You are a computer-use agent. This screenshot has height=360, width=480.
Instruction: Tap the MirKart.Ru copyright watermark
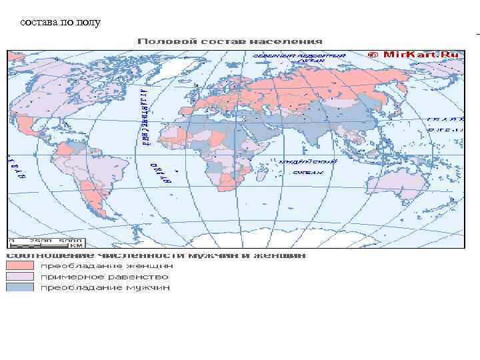pyautogui.click(x=415, y=55)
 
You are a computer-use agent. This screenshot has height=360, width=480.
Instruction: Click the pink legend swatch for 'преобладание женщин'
pyautogui.click(x=20, y=265)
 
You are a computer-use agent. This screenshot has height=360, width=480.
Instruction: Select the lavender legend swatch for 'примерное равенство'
pyautogui.click(x=20, y=276)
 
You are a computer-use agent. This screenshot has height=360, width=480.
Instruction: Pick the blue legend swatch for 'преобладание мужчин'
pyautogui.click(x=20, y=287)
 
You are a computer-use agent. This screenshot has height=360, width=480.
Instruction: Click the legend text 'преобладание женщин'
pyautogui.click(x=106, y=265)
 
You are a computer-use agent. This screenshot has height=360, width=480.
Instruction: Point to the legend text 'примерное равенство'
pyautogui.click(x=105, y=276)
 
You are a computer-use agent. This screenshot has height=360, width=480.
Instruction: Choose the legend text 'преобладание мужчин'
pyautogui.click(x=105, y=287)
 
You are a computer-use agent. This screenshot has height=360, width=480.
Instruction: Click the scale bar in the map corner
pyautogui.click(x=45, y=241)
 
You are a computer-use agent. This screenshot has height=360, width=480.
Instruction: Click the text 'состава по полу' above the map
pyautogui.click(x=61, y=23)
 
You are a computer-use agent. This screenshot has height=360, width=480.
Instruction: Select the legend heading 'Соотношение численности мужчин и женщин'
pyautogui.click(x=157, y=255)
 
